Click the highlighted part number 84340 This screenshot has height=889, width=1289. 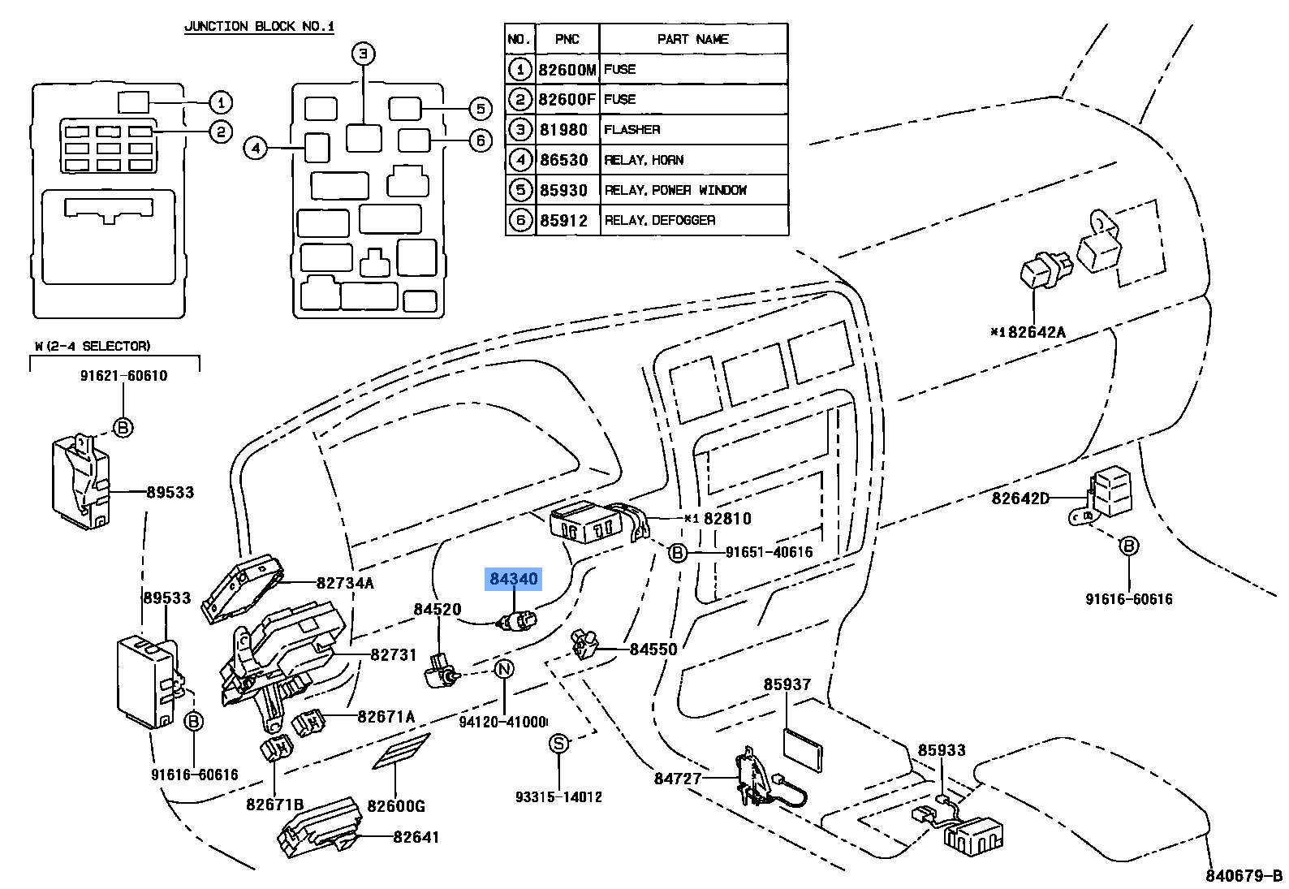[513, 579]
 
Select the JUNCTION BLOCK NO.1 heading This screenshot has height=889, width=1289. [259, 26]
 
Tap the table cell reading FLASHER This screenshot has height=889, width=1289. [632, 130]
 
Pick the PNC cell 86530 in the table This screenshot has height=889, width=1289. [564, 160]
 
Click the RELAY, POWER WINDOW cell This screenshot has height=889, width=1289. [675, 190]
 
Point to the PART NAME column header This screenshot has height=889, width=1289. [692, 39]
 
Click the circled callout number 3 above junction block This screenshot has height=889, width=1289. [364, 54]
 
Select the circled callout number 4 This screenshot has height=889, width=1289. [255, 148]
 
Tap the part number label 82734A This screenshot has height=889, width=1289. [345, 582]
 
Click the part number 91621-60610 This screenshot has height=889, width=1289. [123, 376]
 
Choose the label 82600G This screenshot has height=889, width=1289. [395, 805]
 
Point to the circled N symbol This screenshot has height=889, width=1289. [504, 669]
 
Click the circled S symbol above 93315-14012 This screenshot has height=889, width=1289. [558, 744]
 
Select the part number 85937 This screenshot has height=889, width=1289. [787, 684]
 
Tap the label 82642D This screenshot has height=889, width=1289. [1020, 498]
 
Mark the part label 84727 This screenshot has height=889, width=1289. [678, 779]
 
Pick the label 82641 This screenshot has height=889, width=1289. [416, 836]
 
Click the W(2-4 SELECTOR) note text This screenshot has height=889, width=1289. [92, 346]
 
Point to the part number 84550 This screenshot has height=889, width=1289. [653, 649]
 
